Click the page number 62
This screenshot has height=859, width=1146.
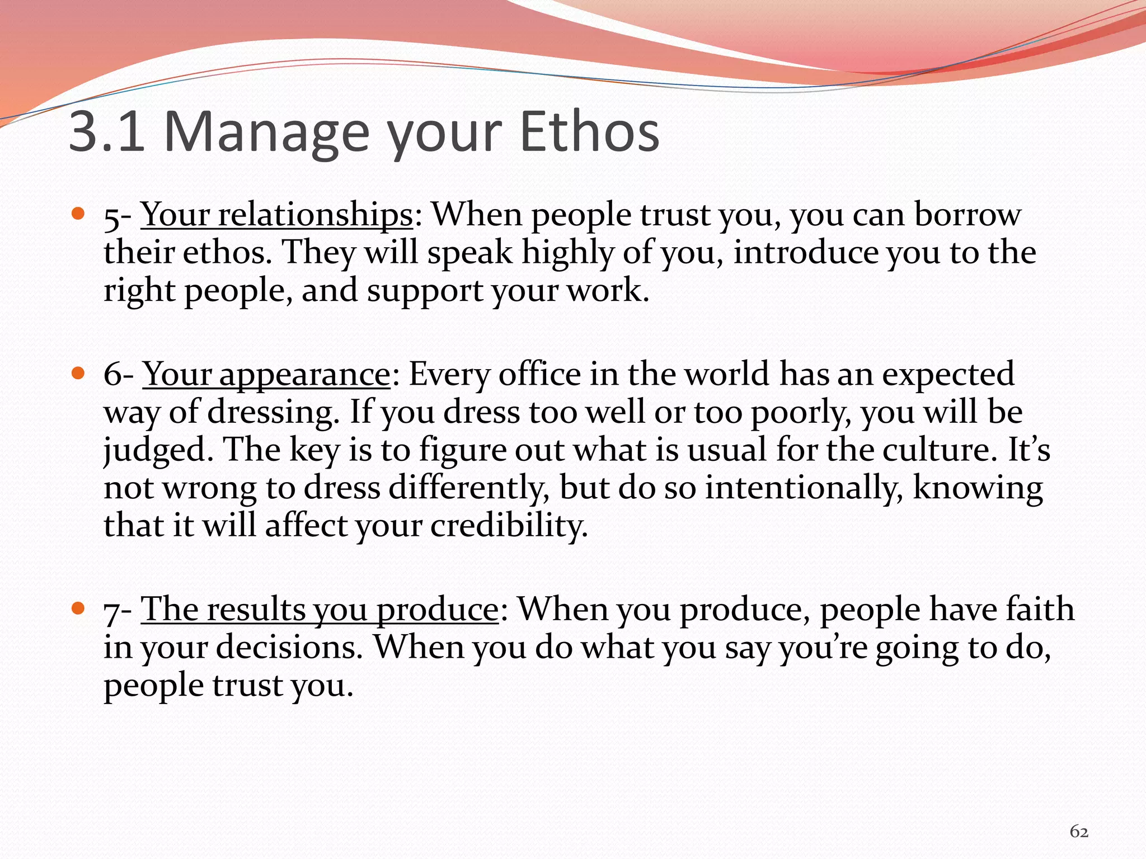coord(1079,832)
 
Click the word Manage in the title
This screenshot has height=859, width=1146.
coord(266,132)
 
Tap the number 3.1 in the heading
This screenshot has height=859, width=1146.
coord(106,132)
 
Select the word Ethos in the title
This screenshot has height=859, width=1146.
coord(590,132)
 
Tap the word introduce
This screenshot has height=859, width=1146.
coord(806,253)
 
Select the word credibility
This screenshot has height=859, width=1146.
coord(509,526)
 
